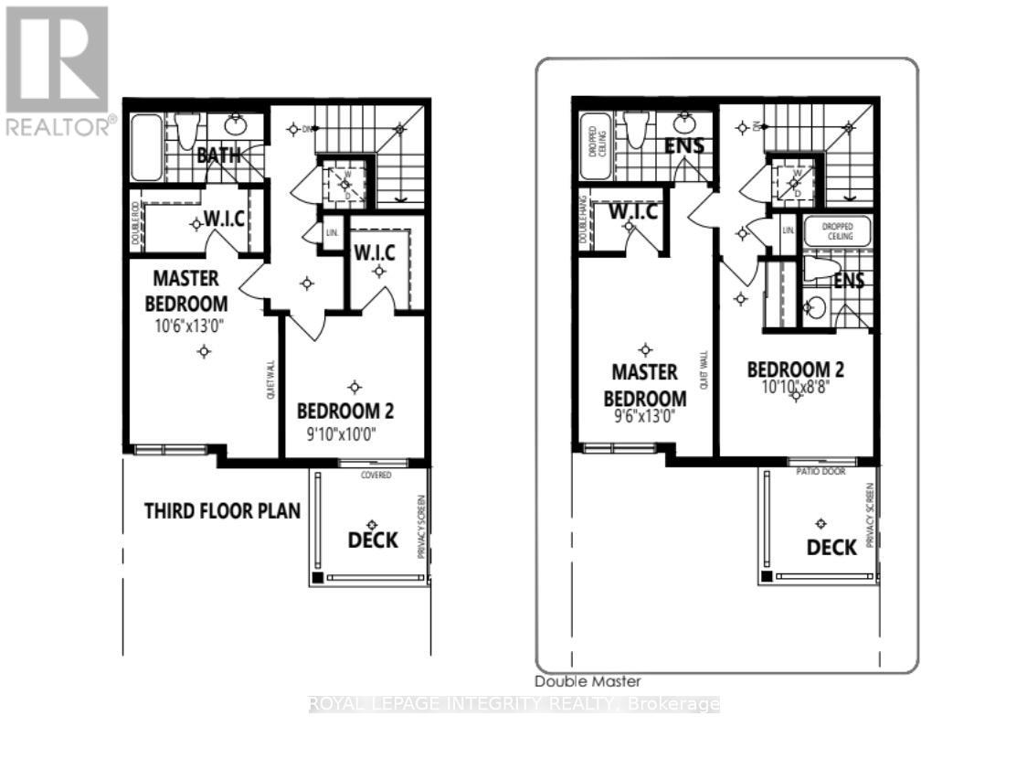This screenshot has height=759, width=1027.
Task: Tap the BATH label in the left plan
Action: tap(219, 155)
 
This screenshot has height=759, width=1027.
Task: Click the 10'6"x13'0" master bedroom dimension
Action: tap(192, 324)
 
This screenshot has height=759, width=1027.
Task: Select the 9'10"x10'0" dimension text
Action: tap(342, 433)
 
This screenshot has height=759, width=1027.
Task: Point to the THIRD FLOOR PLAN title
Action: tap(222, 510)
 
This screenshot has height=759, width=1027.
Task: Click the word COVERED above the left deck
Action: tap(376, 476)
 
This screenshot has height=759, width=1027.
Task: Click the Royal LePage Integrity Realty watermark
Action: tap(514, 704)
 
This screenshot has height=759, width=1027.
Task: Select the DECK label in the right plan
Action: tap(831, 547)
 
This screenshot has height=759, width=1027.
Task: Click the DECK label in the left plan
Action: tap(373, 540)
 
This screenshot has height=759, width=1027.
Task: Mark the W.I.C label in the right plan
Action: tap(632, 212)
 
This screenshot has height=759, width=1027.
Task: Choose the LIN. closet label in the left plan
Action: tap(332, 233)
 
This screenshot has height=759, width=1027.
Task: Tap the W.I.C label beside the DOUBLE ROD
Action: tap(221, 220)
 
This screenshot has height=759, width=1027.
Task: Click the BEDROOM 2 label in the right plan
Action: tap(795, 369)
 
